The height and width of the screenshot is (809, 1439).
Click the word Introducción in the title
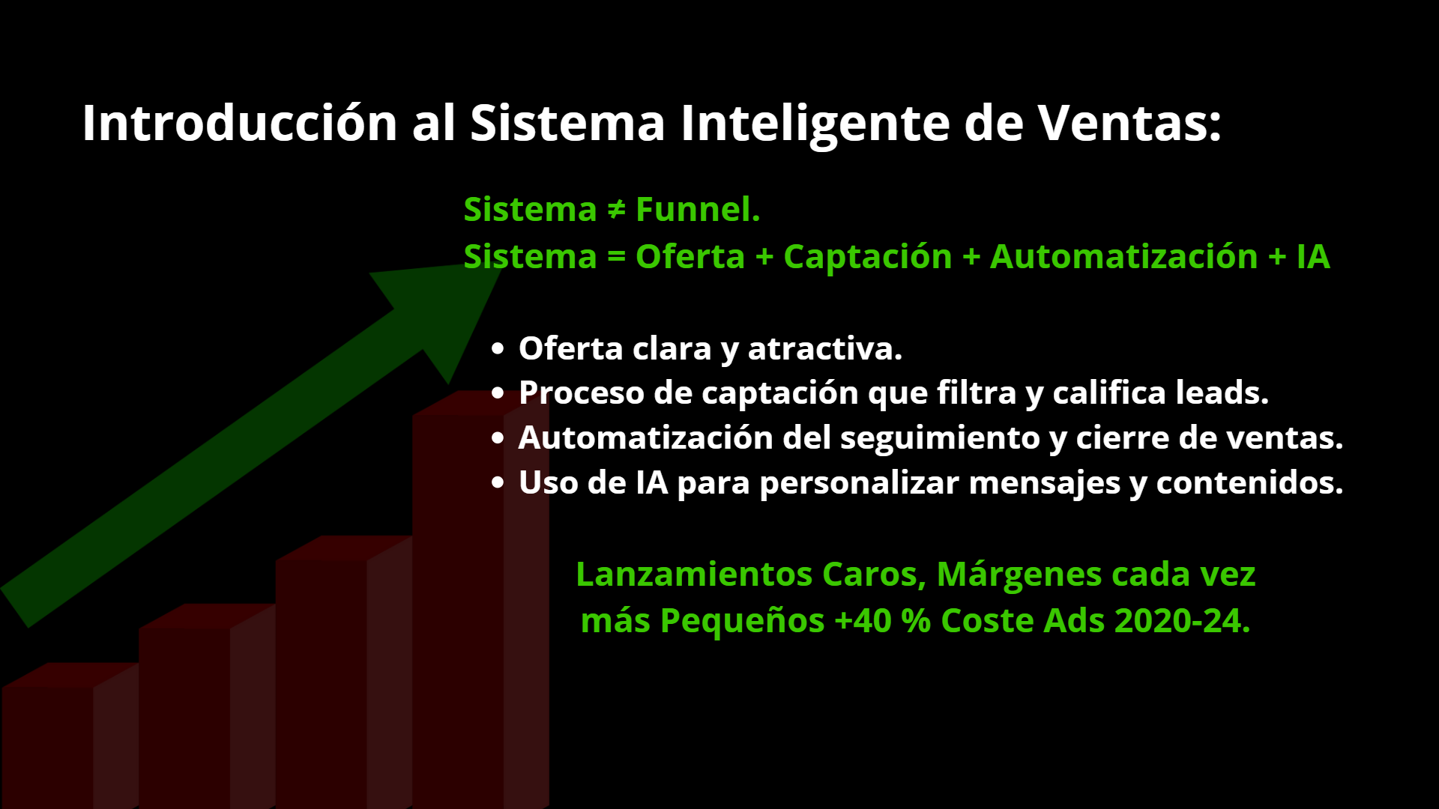[x=240, y=122]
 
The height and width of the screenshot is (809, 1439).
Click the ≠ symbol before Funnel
[x=616, y=210]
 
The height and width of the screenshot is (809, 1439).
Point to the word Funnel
[x=698, y=209]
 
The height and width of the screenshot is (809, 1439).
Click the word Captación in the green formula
[x=868, y=258]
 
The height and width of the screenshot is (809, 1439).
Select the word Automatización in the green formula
[x=1124, y=257]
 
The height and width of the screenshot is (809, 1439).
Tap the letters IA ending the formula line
[x=1313, y=257]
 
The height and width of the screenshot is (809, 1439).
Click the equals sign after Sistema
[x=616, y=257]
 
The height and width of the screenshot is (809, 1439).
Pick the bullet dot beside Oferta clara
[x=498, y=349]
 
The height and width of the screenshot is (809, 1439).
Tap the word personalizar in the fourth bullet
[x=860, y=484]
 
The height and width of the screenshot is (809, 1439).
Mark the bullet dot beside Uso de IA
[x=498, y=483]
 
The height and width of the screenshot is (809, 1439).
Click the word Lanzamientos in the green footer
[x=694, y=575]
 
